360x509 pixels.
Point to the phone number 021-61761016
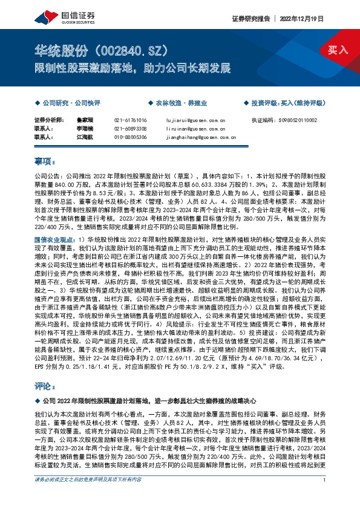click(130, 121)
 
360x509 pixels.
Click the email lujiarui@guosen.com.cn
click(195, 121)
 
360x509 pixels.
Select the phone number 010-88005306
click(130, 137)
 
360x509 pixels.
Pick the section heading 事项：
click(45, 161)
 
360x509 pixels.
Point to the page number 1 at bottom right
click(325, 497)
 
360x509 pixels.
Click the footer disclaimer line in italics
click(88, 497)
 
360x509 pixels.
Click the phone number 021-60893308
click(130, 129)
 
